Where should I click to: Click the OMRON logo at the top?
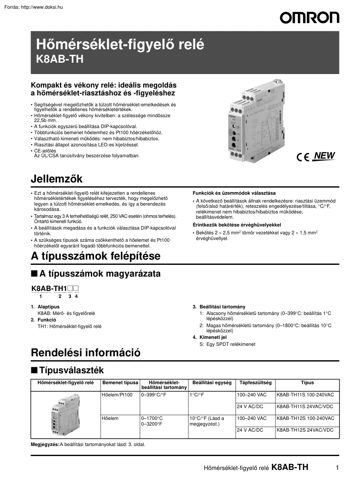(310, 17)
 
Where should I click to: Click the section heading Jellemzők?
(57, 179)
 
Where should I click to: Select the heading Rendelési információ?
(86, 352)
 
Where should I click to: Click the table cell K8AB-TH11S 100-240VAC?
(306, 395)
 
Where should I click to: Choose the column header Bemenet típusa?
(120, 383)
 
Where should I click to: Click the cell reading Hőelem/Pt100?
(117, 395)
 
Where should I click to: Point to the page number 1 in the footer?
(337, 468)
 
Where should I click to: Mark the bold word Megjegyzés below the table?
(45, 445)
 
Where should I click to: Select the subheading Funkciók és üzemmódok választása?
(234, 193)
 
